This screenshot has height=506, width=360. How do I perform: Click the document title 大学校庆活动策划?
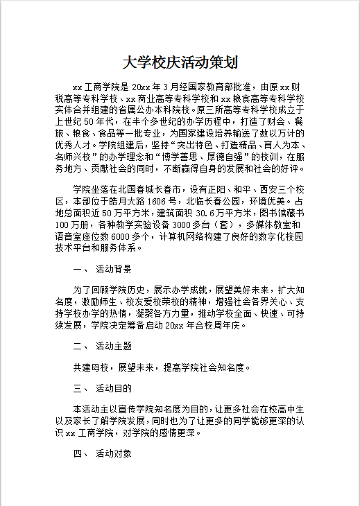[180, 62]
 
